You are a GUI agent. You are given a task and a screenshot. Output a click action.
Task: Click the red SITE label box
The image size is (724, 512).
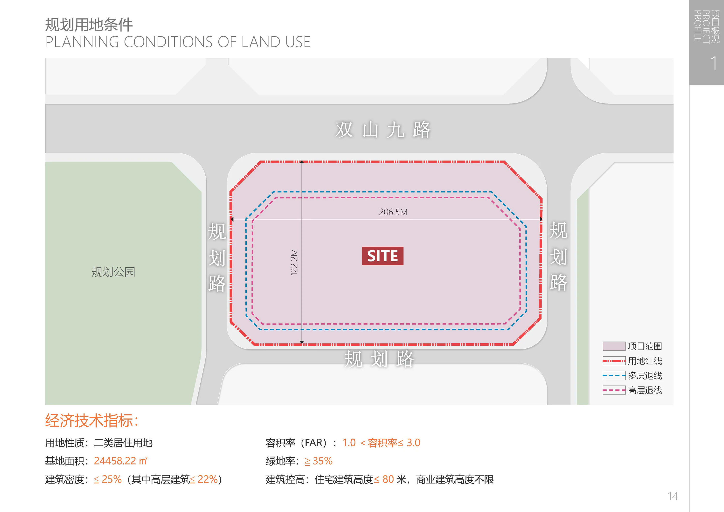[x=383, y=256]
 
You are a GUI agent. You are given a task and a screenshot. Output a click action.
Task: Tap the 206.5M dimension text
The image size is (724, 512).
[x=393, y=212]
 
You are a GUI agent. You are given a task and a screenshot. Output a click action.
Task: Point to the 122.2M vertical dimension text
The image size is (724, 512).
[x=294, y=262]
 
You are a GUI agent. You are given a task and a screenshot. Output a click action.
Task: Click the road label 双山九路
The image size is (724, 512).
[x=383, y=130]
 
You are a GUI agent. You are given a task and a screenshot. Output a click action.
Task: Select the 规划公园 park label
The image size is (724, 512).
[x=113, y=272]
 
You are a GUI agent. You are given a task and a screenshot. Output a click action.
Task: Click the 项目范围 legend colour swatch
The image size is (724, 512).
[x=614, y=346]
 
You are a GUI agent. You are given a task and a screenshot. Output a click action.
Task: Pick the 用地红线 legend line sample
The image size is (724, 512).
[x=614, y=361]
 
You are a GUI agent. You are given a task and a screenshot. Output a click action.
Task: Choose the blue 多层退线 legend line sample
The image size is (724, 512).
[x=614, y=375]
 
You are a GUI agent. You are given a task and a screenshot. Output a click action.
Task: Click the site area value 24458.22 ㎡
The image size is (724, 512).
[x=120, y=461]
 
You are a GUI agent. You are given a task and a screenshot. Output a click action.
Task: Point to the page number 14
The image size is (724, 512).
[x=673, y=496]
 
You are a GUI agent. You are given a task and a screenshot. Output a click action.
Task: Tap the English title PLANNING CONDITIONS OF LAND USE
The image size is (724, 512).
[x=178, y=42]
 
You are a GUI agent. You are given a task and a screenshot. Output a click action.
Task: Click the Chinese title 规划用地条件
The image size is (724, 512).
[x=89, y=25]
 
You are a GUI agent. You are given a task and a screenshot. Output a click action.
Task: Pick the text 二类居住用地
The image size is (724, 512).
[x=123, y=443]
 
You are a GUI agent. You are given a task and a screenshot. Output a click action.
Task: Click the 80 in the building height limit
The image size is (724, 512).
[x=388, y=479]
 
